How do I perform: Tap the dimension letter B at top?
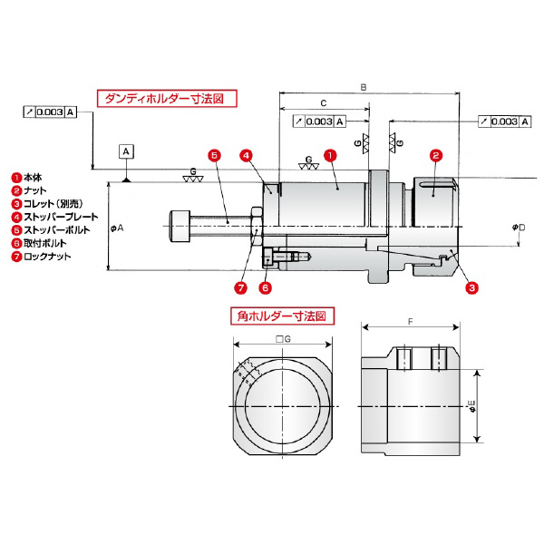pyautogui.click(x=364, y=87)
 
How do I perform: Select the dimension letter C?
pyautogui.click(x=324, y=104)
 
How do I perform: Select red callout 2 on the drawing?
pyautogui.click(x=435, y=155)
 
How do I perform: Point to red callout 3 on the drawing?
pyautogui.click(x=471, y=288)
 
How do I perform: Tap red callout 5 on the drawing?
pyautogui.click(x=213, y=155)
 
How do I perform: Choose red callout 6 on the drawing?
pyautogui.click(x=266, y=288)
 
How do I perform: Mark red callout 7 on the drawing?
pyautogui.click(x=240, y=288)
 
